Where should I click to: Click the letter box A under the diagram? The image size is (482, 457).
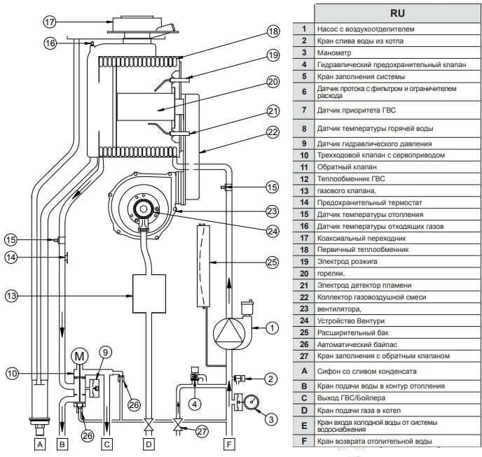click(39, 443)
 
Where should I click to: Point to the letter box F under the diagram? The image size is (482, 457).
click(229, 443)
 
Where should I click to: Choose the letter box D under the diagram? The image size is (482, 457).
click(149, 443)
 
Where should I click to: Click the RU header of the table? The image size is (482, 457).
click(389, 13)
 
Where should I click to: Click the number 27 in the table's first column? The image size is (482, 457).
click(303, 356)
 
